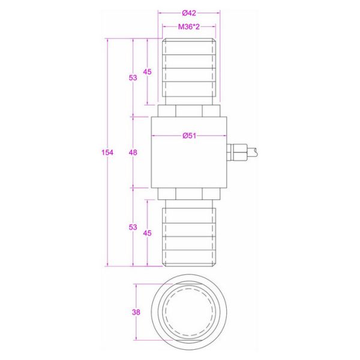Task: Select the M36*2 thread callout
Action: (189, 28)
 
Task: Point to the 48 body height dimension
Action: (133, 152)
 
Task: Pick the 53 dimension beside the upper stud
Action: (133, 77)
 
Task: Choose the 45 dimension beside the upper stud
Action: (147, 72)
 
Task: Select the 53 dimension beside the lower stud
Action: (133, 227)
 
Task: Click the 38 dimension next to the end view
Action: (137, 312)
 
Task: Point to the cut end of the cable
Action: (259, 152)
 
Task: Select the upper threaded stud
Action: (189, 69)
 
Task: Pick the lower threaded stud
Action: (189, 235)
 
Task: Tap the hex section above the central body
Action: (189, 110)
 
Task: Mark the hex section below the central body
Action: (189, 194)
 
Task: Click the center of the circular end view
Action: (189, 312)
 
